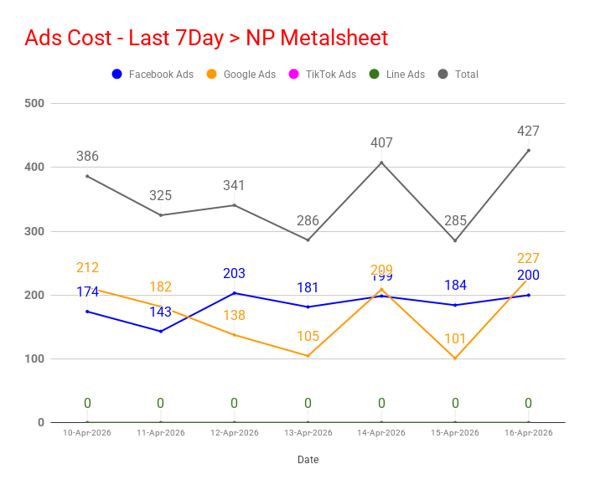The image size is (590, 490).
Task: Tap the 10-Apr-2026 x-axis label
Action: pos(87,433)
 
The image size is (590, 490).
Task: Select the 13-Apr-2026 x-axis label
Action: pos(308,433)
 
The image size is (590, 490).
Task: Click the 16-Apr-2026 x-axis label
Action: pos(528,433)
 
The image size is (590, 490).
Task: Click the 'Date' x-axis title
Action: pos(308,460)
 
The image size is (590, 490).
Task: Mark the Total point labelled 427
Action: pos(528,151)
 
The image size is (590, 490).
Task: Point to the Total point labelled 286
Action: pos(308,240)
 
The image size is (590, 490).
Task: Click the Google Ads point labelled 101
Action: pos(455,358)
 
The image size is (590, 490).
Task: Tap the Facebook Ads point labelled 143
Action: pos(161,332)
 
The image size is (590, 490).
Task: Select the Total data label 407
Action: pos(381,143)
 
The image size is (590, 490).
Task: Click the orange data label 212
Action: pos(87,268)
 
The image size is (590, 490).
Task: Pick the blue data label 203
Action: pos(234,274)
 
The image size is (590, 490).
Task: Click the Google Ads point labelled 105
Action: pos(308,356)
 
